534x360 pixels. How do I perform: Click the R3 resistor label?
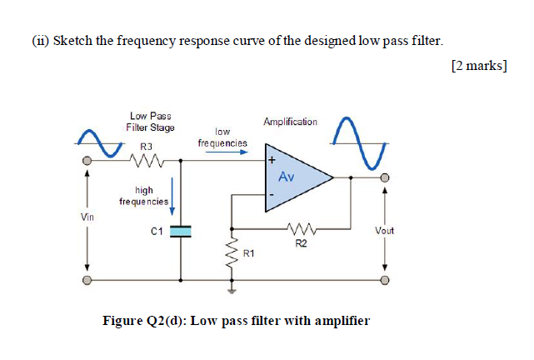tap(147, 146)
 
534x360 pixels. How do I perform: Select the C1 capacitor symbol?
tap(180, 230)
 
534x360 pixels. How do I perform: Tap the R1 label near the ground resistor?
tap(247, 251)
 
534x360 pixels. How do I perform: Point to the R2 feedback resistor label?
tap(301, 243)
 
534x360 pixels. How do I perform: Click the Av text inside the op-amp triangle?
tap(287, 177)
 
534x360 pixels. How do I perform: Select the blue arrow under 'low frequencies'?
tap(222, 153)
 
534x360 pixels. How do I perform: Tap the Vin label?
tap(87, 217)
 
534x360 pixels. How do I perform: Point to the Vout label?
tap(384, 230)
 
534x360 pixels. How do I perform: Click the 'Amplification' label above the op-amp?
tap(290, 122)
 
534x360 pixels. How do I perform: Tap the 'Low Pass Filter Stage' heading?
tap(150, 122)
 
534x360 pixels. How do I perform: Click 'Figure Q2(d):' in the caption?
tap(145, 320)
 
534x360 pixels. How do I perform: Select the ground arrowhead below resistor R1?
tap(232, 291)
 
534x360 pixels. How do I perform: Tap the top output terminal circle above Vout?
tap(384, 177)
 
